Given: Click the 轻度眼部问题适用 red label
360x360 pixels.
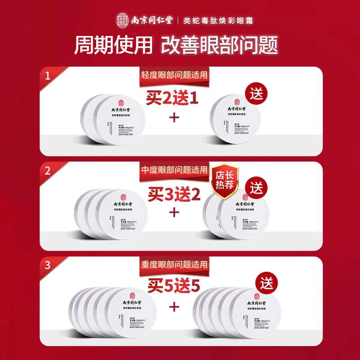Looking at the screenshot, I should click(173, 75).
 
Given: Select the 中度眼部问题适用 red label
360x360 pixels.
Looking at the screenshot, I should click(173, 171).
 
